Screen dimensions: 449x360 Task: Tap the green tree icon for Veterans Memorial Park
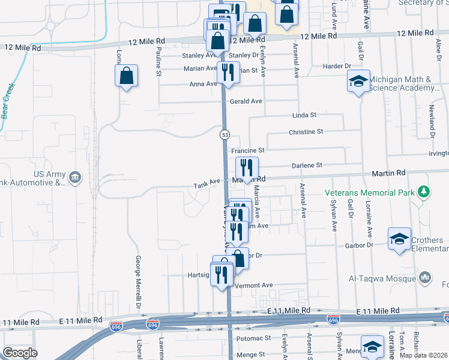pos(424,192)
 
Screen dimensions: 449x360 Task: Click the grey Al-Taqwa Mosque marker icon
pos(425,277)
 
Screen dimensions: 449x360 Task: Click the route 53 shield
pos(224,135)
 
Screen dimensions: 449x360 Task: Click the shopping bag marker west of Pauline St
pos(126,76)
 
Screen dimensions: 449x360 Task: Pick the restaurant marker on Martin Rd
pos(247,167)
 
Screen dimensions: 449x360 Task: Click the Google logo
pos(20,352)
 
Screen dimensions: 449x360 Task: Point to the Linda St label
pos(304,115)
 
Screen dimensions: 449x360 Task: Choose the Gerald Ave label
pos(246,102)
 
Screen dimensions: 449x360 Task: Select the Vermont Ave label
pos(255,286)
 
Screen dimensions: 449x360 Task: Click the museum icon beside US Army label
pos(74,177)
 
